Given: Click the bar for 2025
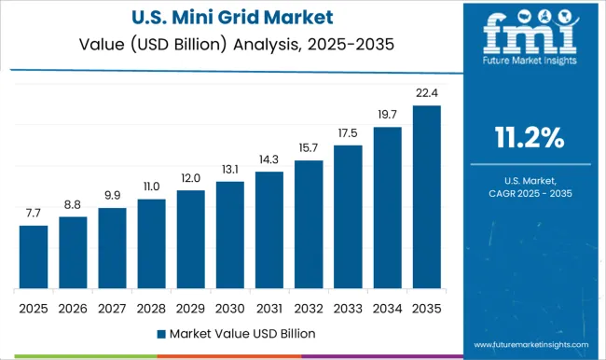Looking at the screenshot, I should click(34, 256).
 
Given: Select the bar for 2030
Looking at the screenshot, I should click(229, 235).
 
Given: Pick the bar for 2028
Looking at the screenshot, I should click(151, 243).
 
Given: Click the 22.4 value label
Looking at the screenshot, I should click(425, 94).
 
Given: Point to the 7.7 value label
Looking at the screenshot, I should click(34, 214).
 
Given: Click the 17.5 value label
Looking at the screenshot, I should click(347, 133).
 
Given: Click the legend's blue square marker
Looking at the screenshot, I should click(160, 333).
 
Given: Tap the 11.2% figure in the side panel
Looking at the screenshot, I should click(528, 138).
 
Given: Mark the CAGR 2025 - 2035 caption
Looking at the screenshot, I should click(528, 192).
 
